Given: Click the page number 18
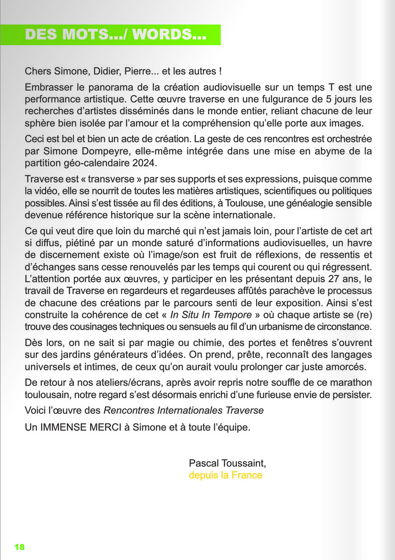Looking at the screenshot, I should (x=19, y=547).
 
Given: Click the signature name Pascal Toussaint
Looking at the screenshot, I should (x=227, y=463).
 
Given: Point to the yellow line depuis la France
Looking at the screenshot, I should (x=226, y=475).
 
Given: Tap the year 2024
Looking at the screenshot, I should (x=145, y=164).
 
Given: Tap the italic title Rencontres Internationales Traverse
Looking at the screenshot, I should (x=184, y=410).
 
